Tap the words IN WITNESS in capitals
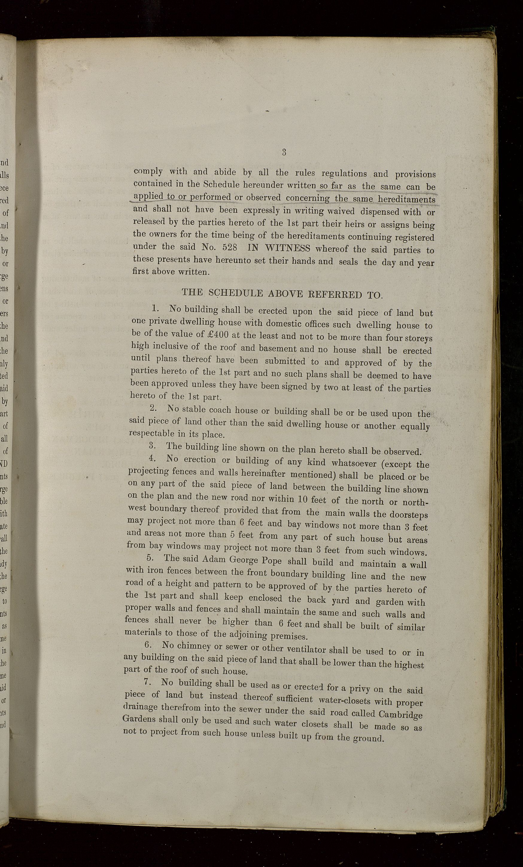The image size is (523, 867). (279, 248)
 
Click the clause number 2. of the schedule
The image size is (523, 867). (153, 408)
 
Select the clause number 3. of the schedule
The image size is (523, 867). (153, 445)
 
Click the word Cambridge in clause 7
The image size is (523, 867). (401, 714)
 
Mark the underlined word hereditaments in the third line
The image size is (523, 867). (407, 200)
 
